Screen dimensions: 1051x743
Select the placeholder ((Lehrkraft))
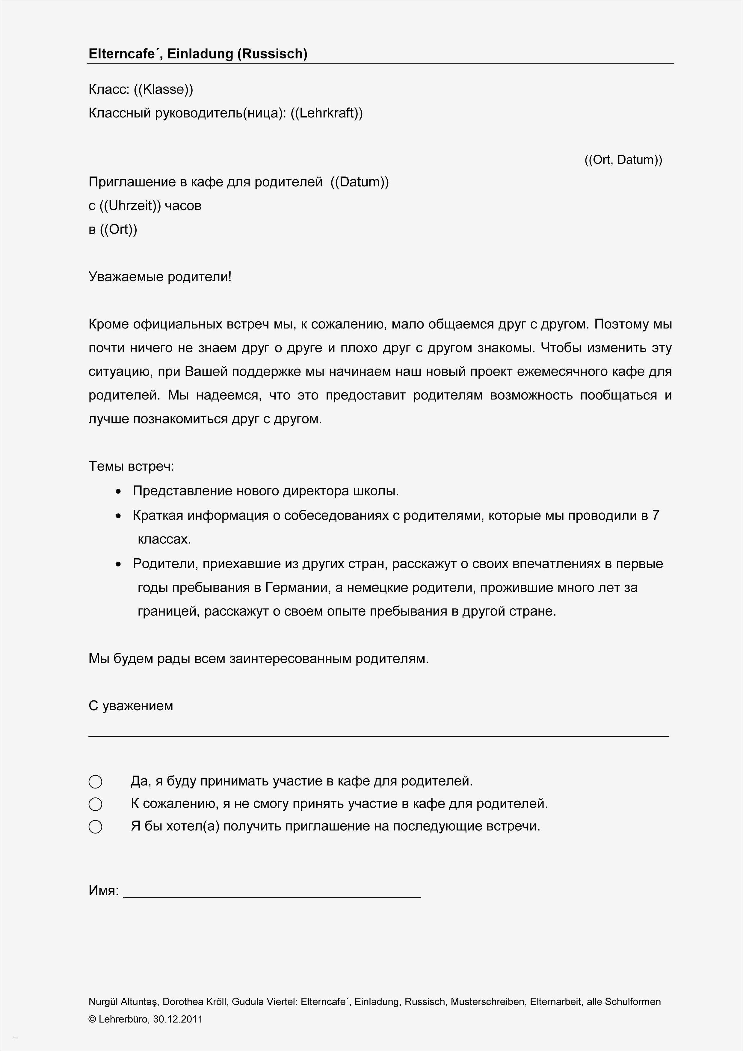click(x=327, y=113)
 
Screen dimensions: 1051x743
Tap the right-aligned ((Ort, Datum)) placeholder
click(x=623, y=160)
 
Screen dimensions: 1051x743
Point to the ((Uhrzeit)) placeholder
click(x=130, y=206)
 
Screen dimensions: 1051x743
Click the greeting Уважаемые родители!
click(x=160, y=277)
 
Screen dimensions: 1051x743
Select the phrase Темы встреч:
click(x=131, y=466)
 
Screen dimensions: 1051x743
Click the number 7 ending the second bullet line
click(x=655, y=515)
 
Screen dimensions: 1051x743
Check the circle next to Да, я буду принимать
click(x=95, y=781)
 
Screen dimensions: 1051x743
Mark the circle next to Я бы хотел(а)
click(x=95, y=827)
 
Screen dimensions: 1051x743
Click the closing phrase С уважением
click(x=131, y=706)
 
